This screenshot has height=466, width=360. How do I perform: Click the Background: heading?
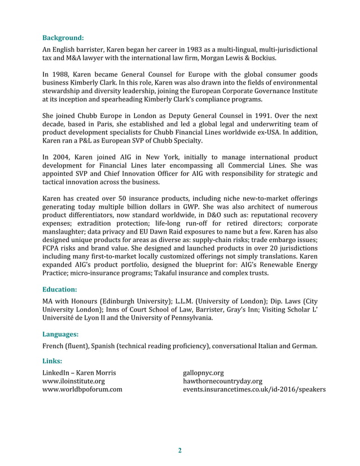pyautogui.click(x=63, y=38)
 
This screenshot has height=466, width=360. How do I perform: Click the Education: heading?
pyautogui.click(x=62, y=289)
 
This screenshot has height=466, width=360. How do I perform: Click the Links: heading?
pyautogui.click(x=52, y=361)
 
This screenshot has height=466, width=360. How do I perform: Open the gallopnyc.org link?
pyautogui.click(x=204, y=372)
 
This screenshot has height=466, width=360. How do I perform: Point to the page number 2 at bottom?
pyautogui.click(x=180, y=450)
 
